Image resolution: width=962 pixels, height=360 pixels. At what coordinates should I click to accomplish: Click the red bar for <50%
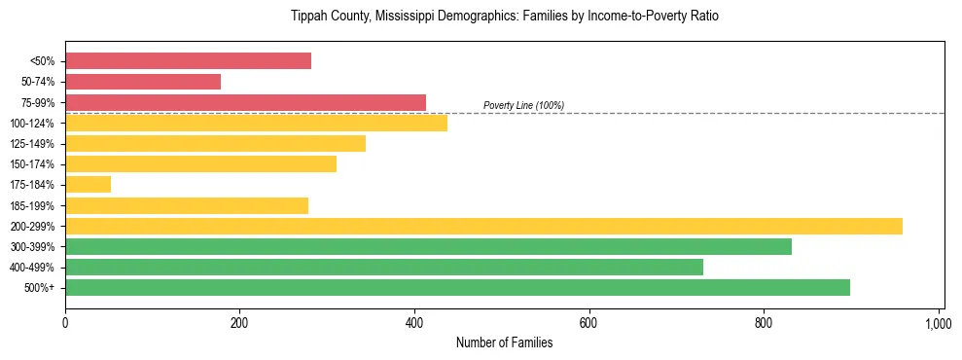tap(188, 61)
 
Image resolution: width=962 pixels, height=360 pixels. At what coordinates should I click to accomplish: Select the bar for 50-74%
tap(143, 82)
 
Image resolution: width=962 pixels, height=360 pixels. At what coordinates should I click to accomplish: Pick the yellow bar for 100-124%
tap(256, 123)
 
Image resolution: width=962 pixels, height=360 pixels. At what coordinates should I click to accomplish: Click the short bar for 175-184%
tap(88, 185)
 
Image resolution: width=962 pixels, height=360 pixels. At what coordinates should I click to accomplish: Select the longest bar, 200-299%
tap(483, 226)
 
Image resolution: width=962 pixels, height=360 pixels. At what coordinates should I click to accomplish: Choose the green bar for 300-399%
tap(428, 247)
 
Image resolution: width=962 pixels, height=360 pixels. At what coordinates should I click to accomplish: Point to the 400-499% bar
tap(384, 268)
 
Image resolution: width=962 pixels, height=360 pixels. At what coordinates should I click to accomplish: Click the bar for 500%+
tap(457, 288)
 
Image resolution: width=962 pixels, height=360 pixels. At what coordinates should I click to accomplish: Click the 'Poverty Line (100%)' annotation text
tap(523, 105)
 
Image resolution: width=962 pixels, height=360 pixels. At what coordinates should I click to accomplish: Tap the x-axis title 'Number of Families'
tap(504, 342)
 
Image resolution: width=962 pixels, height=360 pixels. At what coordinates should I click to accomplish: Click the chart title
tap(504, 17)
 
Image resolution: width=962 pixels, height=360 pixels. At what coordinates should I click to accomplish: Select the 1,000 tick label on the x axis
tap(938, 321)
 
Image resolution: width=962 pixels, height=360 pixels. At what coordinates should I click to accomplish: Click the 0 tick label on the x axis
tap(65, 321)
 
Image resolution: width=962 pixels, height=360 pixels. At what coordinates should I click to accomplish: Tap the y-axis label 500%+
tap(38, 288)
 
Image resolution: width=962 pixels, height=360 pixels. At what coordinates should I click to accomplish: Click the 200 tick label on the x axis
tap(239, 321)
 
